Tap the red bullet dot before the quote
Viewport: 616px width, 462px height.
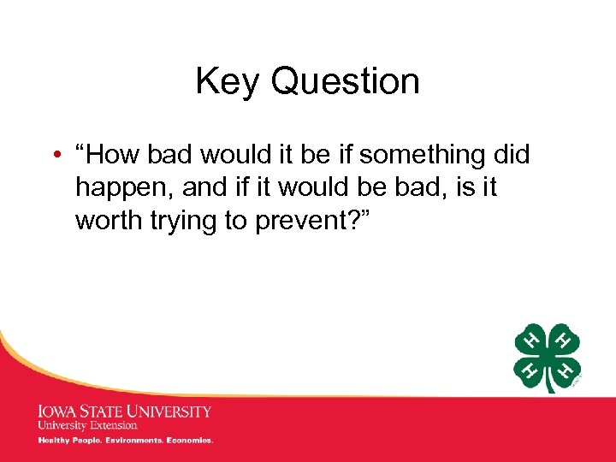click(x=54, y=155)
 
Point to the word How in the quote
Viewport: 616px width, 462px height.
click(x=117, y=155)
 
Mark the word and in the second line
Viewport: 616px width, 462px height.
click(x=203, y=187)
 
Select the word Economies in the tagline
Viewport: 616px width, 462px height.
click(x=192, y=441)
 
